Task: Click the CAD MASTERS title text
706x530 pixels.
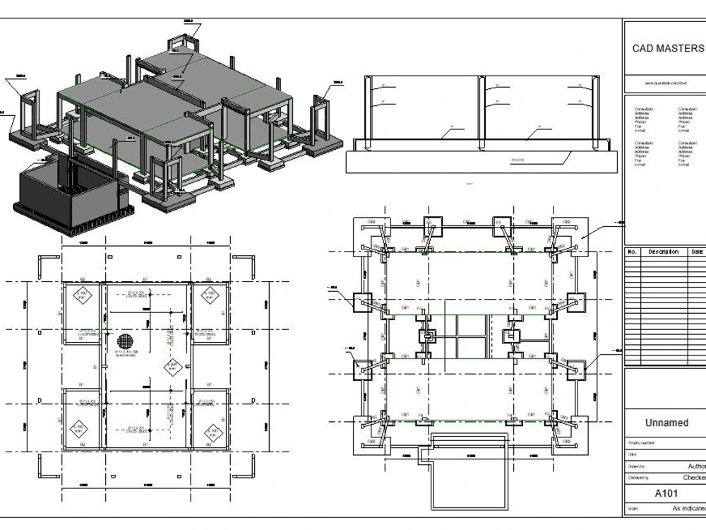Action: pyautogui.click(x=667, y=49)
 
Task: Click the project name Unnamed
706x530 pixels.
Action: pyautogui.click(x=666, y=423)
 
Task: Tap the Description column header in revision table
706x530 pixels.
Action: pyautogui.click(x=663, y=252)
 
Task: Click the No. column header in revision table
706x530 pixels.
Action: pyautogui.click(x=633, y=252)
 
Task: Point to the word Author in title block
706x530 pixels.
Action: pyautogui.click(x=695, y=466)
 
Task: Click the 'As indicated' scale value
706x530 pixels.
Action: pyautogui.click(x=688, y=508)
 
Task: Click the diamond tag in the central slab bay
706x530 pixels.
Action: pyautogui.click(x=172, y=366)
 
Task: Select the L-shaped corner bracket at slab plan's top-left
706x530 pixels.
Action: pyautogui.click(x=43, y=264)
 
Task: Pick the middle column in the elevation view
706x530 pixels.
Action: pyautogui.click(x=482, y=110)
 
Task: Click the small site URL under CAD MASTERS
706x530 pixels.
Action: pyautogui.click(x=666, y=83)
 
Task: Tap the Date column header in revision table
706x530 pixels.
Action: pyautogui.click(x=698, y=252)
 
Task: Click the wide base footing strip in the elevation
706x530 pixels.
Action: pyautogui.click(x=482, y=161)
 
